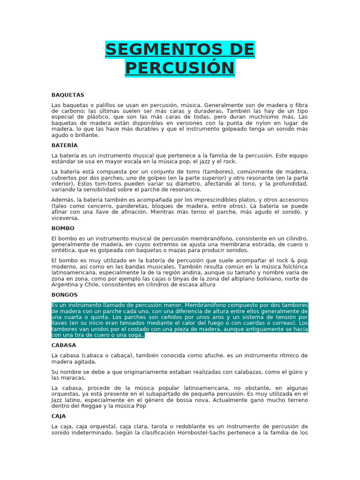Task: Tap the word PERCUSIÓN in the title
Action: [180, 68]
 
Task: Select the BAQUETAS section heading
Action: [68, 95]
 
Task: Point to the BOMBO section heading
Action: [63, 228]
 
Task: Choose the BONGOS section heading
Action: [65, 295]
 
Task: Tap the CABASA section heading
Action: [64, 345]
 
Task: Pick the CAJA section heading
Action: [59, 416]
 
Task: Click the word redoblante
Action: [190, 427]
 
